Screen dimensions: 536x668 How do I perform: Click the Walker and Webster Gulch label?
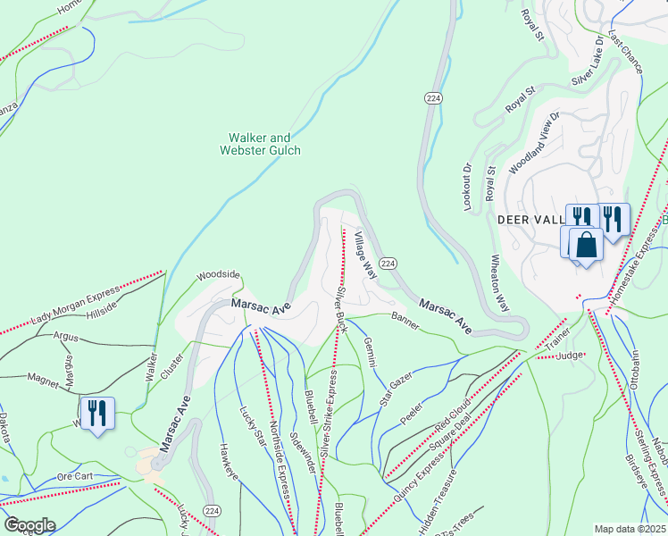(260, 144)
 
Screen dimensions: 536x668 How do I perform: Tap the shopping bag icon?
(585, 244)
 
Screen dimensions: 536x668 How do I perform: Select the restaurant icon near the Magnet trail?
(97, 414)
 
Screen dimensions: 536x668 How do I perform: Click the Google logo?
(29, 525)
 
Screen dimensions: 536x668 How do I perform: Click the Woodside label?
(219, 275)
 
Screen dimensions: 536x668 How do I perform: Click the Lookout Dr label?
(466, 186)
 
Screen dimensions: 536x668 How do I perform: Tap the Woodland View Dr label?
(533, 143)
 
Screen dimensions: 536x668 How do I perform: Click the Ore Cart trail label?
(75, 476)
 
